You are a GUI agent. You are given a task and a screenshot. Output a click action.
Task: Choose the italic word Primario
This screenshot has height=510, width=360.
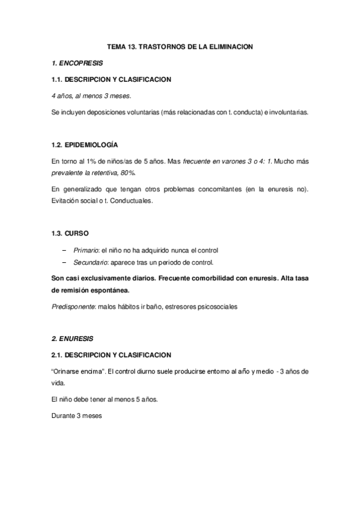tap(86, 250)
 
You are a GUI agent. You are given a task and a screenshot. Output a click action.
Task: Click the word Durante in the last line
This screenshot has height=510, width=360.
tap(64, 414)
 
